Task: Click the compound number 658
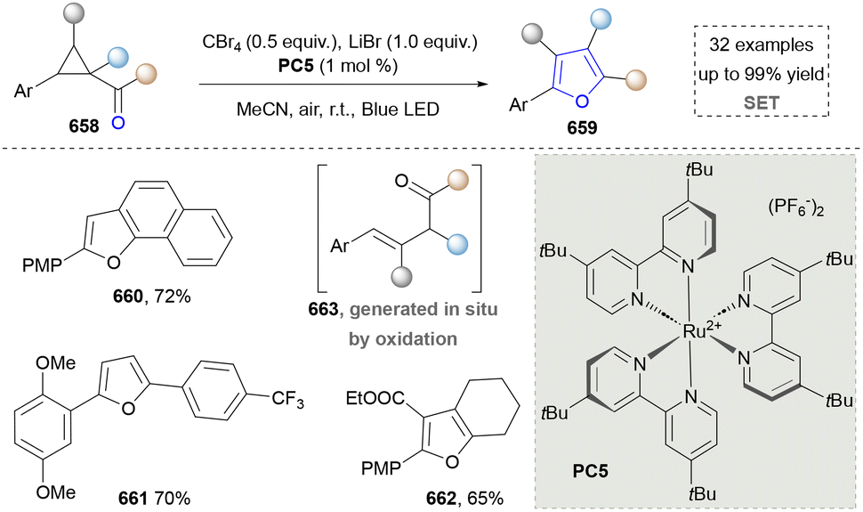[x=84, y=126]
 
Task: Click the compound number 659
[x=582, y=128]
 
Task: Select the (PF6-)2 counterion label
[x=796, y=208]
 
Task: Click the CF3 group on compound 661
[x=287, y=399]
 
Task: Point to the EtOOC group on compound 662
[x=375, y=398]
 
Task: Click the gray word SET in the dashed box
[x=762, y=102]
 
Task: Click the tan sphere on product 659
[x=637, y=79]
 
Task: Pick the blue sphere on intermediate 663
[x=457, y=243]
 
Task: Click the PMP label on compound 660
[x=42, y=265]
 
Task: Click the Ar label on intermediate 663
[x=340, y=245]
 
